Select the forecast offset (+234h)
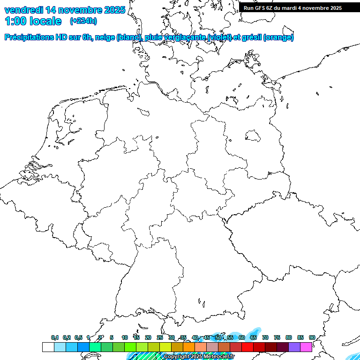[83, 21]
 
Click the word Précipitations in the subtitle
[29, 37]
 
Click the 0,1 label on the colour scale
[55, 337]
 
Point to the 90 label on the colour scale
[312, 337]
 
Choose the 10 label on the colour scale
[125, 337]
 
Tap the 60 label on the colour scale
[242, 337]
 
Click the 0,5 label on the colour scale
[78, 337]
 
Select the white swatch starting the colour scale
[48, 347]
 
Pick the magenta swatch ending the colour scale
[306, 347]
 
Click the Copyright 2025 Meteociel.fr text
[199, 357]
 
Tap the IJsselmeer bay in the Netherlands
[70, 117]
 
